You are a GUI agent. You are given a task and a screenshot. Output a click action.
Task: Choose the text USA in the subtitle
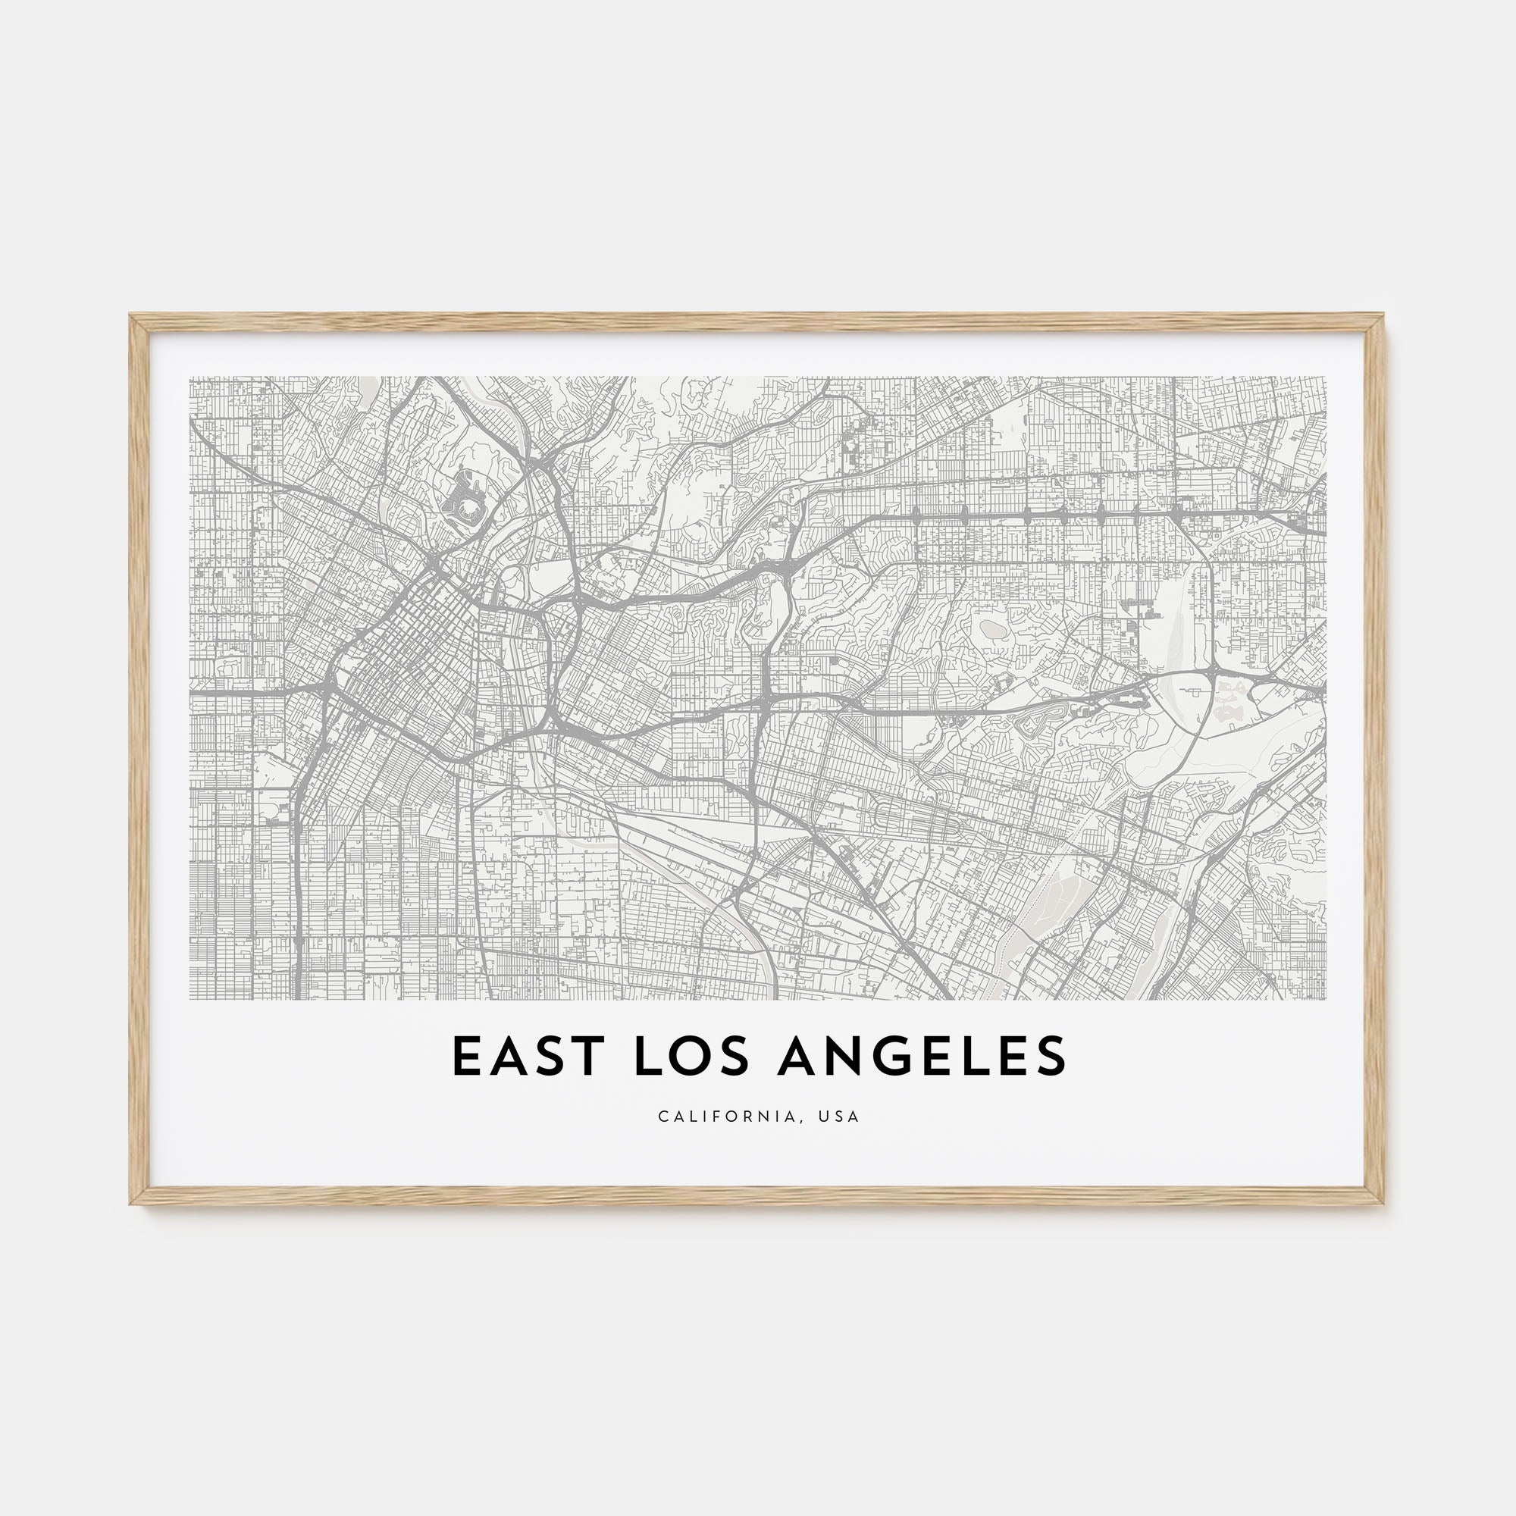(839, 1116)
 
